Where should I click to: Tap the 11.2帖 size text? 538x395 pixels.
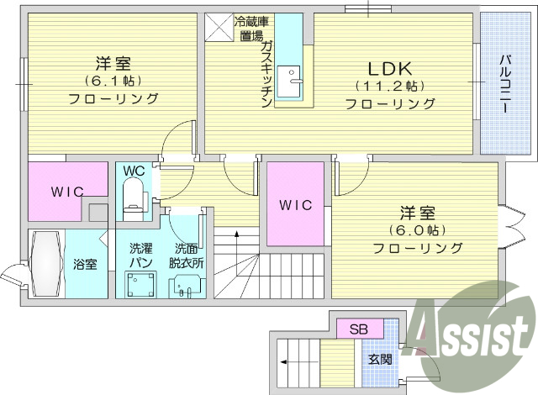[389, 87]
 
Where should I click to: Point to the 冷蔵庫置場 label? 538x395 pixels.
[251, 29]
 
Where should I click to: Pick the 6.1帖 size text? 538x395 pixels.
[113, 81]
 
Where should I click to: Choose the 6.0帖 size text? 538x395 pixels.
[417, 229]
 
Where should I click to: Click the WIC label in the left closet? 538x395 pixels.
[66, 192]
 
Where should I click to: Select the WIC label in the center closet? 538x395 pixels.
[295, 204]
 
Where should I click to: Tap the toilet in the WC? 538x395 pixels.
[134, 200]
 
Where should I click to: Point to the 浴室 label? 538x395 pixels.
[85, 264]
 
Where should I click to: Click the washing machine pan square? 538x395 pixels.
[139, 286]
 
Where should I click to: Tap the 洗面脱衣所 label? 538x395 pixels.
[186, 255]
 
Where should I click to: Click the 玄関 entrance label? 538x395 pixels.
[380, 359]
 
